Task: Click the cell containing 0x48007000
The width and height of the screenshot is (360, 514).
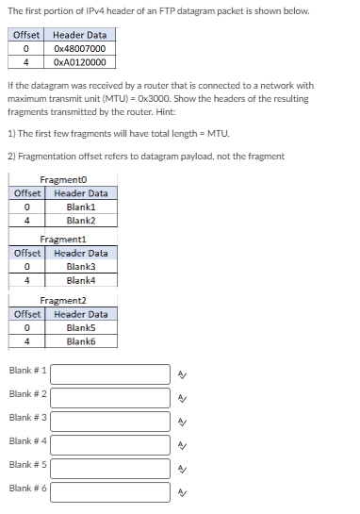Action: [79, 48]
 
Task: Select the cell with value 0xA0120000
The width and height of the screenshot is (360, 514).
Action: [79, 62]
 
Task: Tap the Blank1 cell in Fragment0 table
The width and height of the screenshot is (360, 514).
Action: [81, 207]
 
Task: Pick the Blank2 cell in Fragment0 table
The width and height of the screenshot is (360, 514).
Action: [81, 220]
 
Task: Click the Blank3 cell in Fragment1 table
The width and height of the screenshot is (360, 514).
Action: [81, 267]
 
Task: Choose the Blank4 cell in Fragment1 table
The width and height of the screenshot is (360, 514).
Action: [81, 280]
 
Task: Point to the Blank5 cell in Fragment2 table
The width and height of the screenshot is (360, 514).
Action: [81, 327]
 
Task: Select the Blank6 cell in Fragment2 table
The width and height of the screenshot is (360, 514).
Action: [81, 340]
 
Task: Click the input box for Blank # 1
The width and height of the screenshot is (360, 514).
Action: [109, 374]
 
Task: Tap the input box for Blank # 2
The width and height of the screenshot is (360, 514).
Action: [109, 398]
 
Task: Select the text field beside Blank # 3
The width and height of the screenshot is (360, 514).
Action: [109, 422]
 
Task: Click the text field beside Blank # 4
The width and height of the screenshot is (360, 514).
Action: [109, 445]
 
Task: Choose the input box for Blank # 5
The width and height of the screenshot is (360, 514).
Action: [109, 469]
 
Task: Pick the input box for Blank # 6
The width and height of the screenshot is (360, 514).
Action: [109, 492]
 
